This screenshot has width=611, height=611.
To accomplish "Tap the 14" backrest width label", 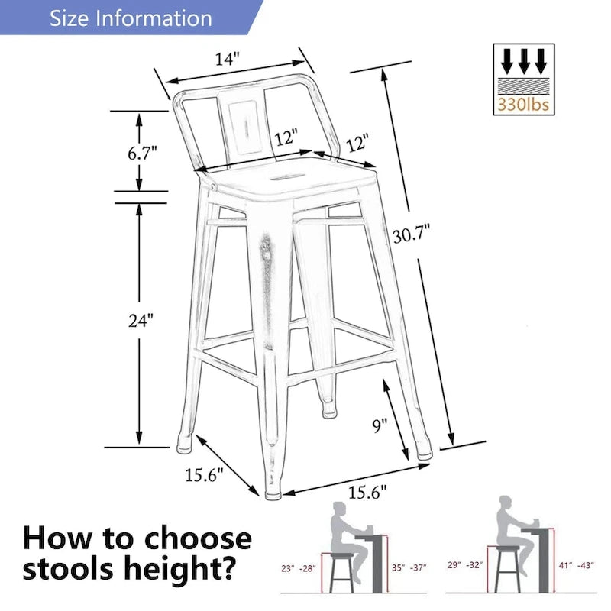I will pos(227,59).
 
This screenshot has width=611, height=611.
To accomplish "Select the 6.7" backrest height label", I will pos(142,151).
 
